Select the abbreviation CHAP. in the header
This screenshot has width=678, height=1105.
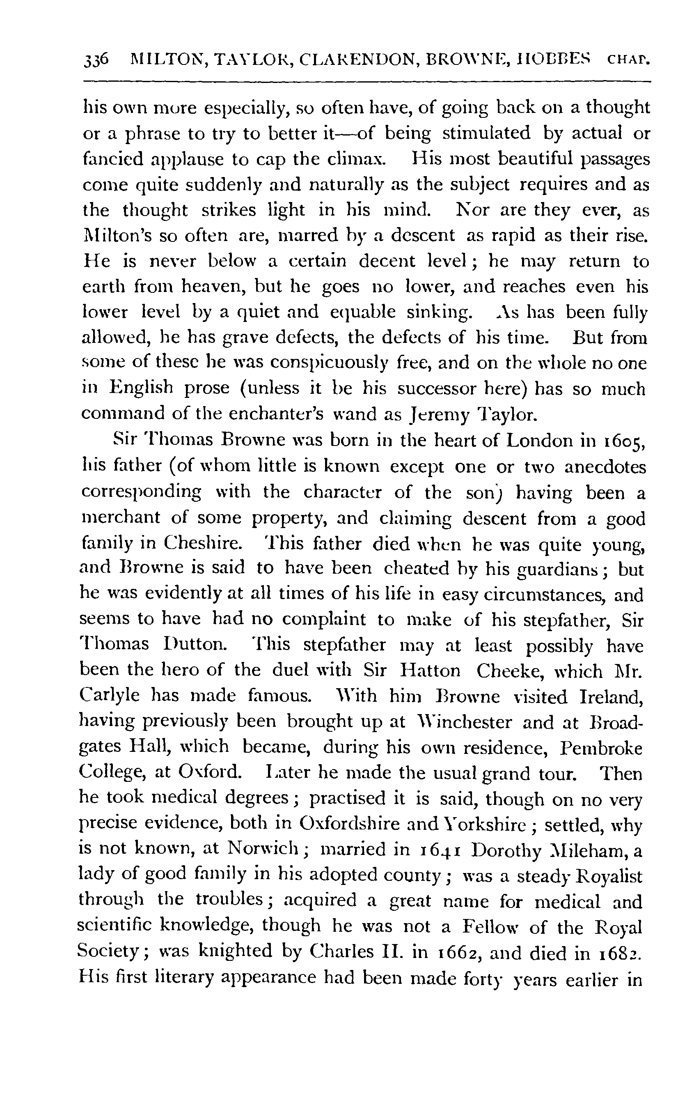pyautogui.click(x=626, y=60)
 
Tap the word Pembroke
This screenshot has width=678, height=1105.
pyautogui.click(x=601, y=747)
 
